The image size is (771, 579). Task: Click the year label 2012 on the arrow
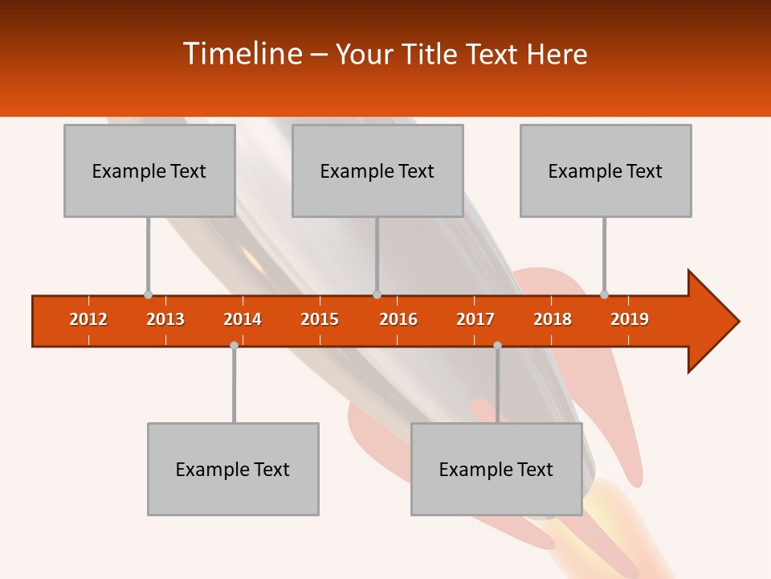pos(88,319)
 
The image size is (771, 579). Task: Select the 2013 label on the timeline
pos(165,319)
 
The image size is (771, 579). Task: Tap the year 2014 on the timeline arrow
pos(243,319)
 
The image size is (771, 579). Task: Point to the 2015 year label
pos(320,319)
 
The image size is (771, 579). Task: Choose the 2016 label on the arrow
pos(398,319)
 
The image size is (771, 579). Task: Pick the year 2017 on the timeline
pos(475,319)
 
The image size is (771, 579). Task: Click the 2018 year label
pos(553,319)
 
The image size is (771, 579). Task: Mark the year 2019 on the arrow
pos(630,319)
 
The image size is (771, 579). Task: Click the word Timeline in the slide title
pos(241,54)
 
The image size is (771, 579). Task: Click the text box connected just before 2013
pos(149,170)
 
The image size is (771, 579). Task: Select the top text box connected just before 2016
pos(377,170)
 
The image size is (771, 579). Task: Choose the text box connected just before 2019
pos(606,170)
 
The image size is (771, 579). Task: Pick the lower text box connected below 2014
pos(233,469)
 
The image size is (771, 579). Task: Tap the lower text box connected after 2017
pos(496,469)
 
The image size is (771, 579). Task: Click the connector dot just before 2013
pos(148,294)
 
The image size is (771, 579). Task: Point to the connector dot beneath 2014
pos(234,345)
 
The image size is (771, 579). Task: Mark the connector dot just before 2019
pos(604,294)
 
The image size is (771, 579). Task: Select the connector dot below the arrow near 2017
pos(497,345)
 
